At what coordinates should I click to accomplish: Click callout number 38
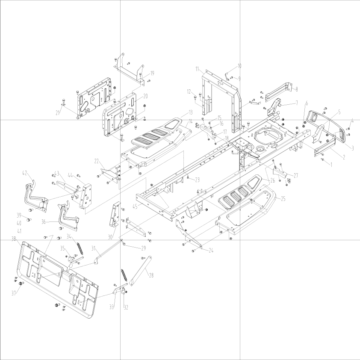[14, 238]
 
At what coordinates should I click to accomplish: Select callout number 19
[152, 73]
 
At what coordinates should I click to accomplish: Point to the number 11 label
[198, 69]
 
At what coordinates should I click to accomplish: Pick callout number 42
[25, 173]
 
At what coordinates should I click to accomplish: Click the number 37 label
[14, 293]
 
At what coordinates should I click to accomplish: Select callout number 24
[211, 251]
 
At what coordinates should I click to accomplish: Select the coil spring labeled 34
[80, 249]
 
